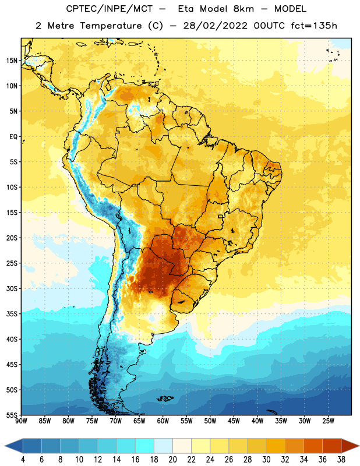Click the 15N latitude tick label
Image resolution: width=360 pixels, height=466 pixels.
(x=12, y=61)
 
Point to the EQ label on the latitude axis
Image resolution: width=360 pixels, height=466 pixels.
(x=13, y=137)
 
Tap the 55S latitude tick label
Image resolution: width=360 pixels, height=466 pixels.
(x=12, y=415)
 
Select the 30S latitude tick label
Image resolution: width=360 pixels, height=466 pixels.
(x=12, y=288)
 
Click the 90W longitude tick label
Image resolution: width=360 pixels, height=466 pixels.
(x=22, y=421)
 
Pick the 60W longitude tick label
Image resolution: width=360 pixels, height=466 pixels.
(x=163, y=421)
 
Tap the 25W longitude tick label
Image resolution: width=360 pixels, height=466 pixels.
(x=328, y=421)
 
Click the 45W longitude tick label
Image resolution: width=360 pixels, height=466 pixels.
(x=234, y=421)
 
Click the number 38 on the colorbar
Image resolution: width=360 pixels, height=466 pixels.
(x=341, y=460)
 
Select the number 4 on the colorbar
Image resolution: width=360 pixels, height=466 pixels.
(x=23, y=460)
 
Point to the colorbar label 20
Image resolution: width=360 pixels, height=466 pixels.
(x=172, y=460)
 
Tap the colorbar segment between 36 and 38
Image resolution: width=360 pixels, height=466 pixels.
(x=332, y=446)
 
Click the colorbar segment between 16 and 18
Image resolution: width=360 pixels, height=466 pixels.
(x=145, y=446)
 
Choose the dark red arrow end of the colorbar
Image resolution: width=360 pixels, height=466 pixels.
(x=350, y=446)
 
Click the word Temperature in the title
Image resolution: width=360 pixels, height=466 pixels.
(x=111, y=26)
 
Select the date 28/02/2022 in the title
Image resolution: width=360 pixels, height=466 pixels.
(x=215, y=26)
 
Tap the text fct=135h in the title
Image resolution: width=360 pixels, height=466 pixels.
(x=314, y=26)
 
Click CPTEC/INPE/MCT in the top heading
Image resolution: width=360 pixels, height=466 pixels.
(x=109, y=9)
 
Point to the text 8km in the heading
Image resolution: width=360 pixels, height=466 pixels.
(x=243, y=9)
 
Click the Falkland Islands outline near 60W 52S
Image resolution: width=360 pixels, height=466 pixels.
(x=165, y=398)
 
